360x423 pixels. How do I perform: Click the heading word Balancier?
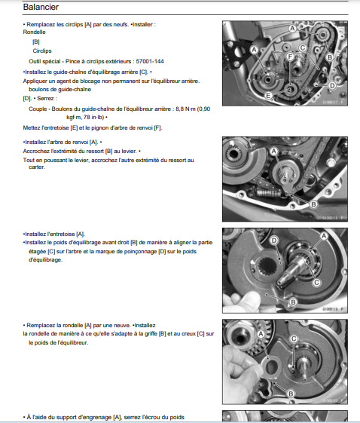tap(41, 7)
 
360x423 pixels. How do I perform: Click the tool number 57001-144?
tap(150, 62)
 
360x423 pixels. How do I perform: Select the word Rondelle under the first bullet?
tap(34, 32)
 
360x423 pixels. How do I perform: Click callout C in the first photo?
tap(303, 48)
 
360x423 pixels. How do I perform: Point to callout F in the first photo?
tap(290, 57)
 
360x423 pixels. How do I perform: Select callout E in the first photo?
tap(268, 96)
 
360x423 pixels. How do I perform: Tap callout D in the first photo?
tap(332, 86)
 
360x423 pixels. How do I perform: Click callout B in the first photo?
tap(329, 57)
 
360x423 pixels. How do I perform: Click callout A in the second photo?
tap(274, 152)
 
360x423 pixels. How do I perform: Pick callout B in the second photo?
tap(313, 204)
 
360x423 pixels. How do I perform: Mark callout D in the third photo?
tap(274, 241)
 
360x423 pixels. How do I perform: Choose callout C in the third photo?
tap(316, 283)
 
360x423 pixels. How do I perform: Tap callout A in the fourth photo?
tap(261, 334)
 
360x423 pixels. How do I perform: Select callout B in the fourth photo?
tap(291, 394)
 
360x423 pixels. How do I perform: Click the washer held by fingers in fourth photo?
tap(271, 366)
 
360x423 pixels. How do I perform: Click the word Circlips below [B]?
tap(42, 51)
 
